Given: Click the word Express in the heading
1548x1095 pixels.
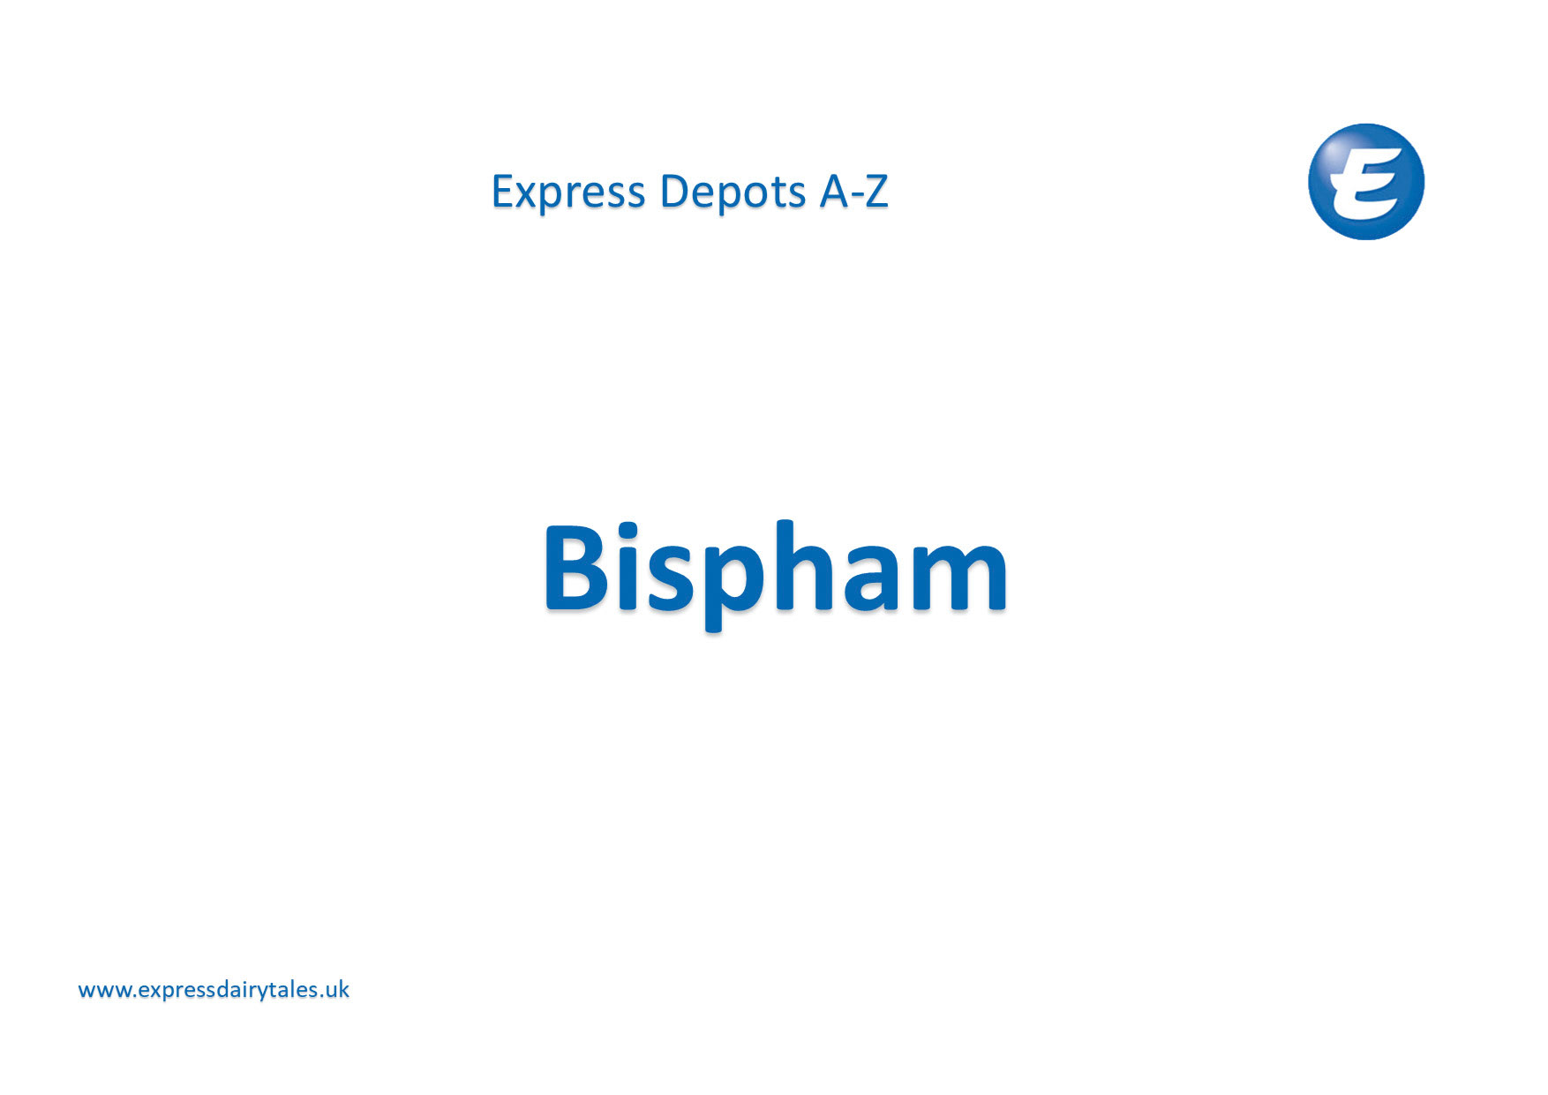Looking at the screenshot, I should (567, 193).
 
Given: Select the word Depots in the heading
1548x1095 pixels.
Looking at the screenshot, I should (733, 193).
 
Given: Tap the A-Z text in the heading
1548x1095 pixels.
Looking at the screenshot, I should (853, 192).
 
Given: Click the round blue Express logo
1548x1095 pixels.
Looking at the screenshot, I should (1365, 182).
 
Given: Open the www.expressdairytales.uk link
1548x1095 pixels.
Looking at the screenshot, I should (214, 990).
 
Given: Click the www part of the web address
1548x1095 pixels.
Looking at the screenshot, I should (104, 991).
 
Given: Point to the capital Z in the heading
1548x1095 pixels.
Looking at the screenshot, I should (875, 192).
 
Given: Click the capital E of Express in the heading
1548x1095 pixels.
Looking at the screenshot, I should (502, 192).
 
